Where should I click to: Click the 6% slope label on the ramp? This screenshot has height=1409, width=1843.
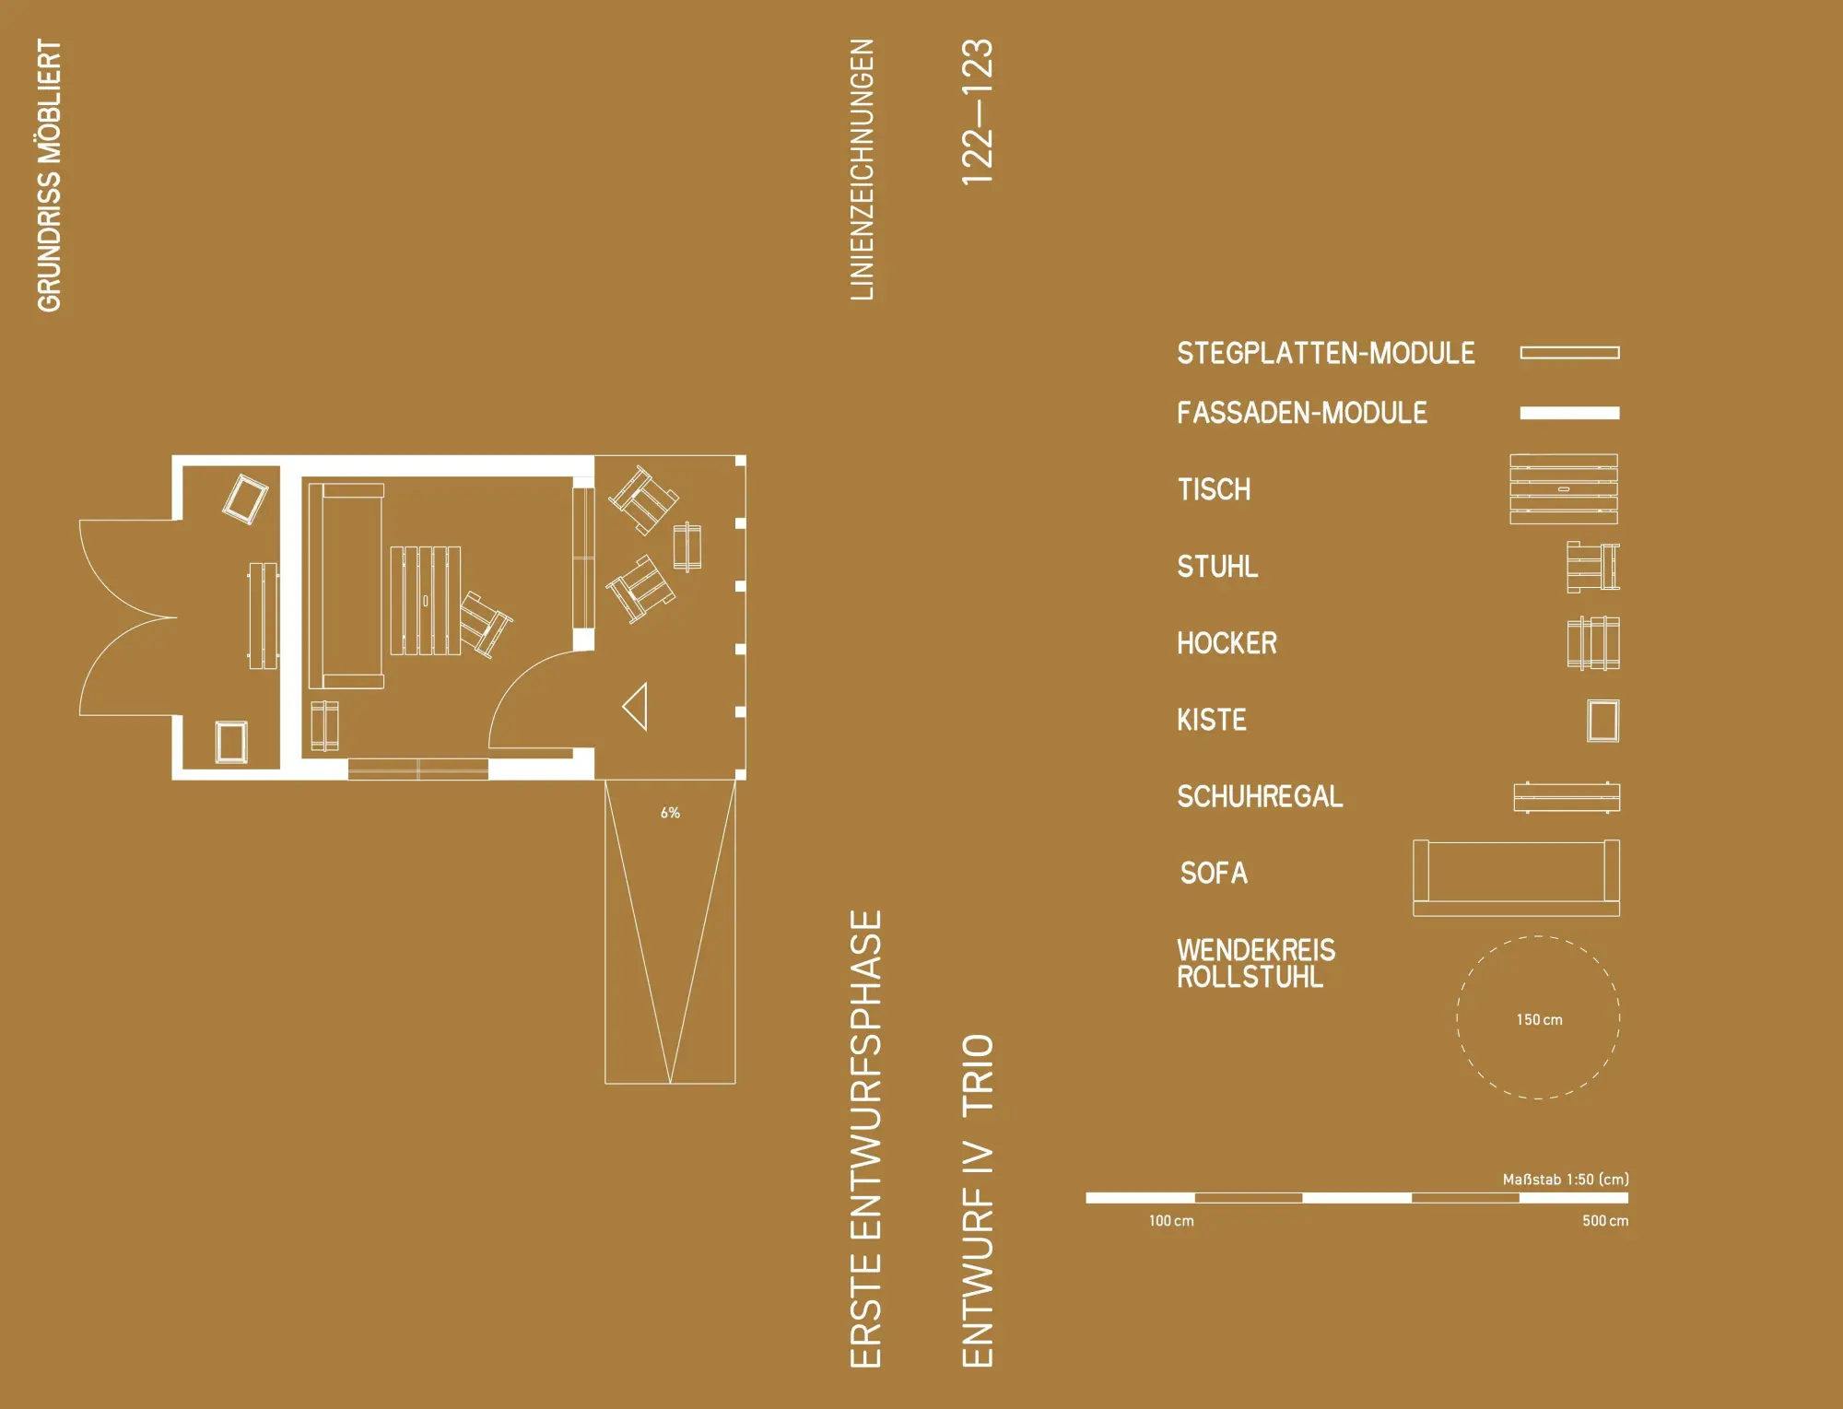tap(670, 813)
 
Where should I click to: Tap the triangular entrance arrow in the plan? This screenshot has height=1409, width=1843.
tap(637, 707)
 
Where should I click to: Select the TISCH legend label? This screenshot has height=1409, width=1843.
tap(1214, 489)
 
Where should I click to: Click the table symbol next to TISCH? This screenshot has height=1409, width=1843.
tap(1564, 489)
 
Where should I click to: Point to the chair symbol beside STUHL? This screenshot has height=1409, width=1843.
tap(1593, 567)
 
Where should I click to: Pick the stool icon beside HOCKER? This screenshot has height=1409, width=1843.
tap(1593, 643)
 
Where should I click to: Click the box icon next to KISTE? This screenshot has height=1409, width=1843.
tap(1603, 721)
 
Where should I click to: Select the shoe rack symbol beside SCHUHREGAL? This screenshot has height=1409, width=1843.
tap(1567, 797)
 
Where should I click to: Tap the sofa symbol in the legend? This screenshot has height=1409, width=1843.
tap(1516, 878)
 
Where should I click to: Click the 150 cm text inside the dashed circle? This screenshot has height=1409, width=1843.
tap(1539, 1020)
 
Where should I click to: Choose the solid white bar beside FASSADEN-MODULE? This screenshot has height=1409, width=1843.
tap(1569, 413)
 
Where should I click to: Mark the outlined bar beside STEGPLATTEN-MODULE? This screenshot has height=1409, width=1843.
tap(1569, 353)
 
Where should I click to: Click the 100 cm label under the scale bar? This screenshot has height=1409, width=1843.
tap(1171, 1221)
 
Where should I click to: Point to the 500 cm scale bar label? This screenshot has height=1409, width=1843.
tap(1605, 1221)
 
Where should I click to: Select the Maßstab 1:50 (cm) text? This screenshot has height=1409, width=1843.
tap(1566, 1180)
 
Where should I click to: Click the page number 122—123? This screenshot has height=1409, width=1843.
tap(978, 112)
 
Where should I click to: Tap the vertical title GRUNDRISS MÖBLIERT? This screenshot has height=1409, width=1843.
tap(49, 175)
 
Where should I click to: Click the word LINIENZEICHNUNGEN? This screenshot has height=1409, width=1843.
tap(862, 170)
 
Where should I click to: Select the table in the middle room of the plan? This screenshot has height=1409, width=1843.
tap(425, 601)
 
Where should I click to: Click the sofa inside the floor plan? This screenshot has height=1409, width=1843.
tap(346, 586)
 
